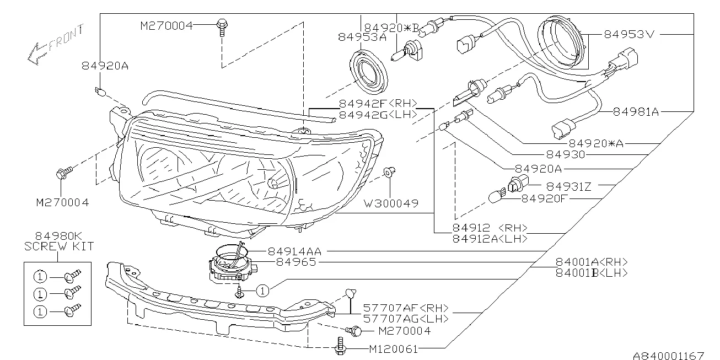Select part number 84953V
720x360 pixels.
[x=628, y=34]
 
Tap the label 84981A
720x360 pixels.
[x=635, y=112]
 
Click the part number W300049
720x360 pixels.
[x=390, y=203]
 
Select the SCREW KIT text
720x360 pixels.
[x=59, y=246]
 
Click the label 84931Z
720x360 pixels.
[x=568, y=187]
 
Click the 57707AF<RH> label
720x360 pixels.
[x=405, y=308]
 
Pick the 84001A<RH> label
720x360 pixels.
[x=592, y=262]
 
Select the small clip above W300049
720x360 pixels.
[x=389, y=172]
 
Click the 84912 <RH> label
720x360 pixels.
[x=490, y=228]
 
